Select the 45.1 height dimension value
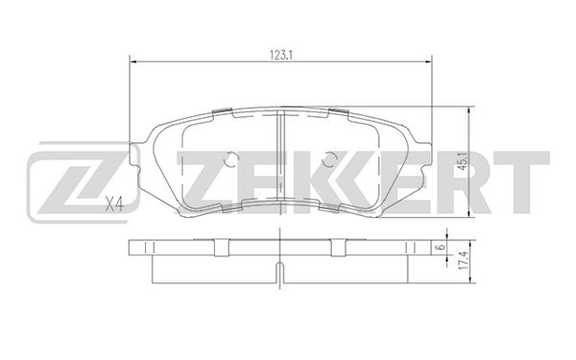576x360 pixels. pyautogui.click(x=463, y=161)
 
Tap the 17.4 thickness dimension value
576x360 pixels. pyautogui.click(x=464, y=261)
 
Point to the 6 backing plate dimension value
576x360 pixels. pyautogui.click(x=442, y=248)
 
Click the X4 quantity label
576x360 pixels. pyautogui.click(x=114, y=204)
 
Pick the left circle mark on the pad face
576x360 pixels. pyautogui.click(x=231, y=158)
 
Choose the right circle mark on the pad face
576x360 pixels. pyautogui.click(x=328, y=158)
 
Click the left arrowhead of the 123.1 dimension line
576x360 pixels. pyautogui.click(x=133, y=61)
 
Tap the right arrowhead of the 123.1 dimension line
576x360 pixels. pyautogui.click(x=428, y=61)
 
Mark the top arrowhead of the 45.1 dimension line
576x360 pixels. pyautogui.click(x=469, y=110)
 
